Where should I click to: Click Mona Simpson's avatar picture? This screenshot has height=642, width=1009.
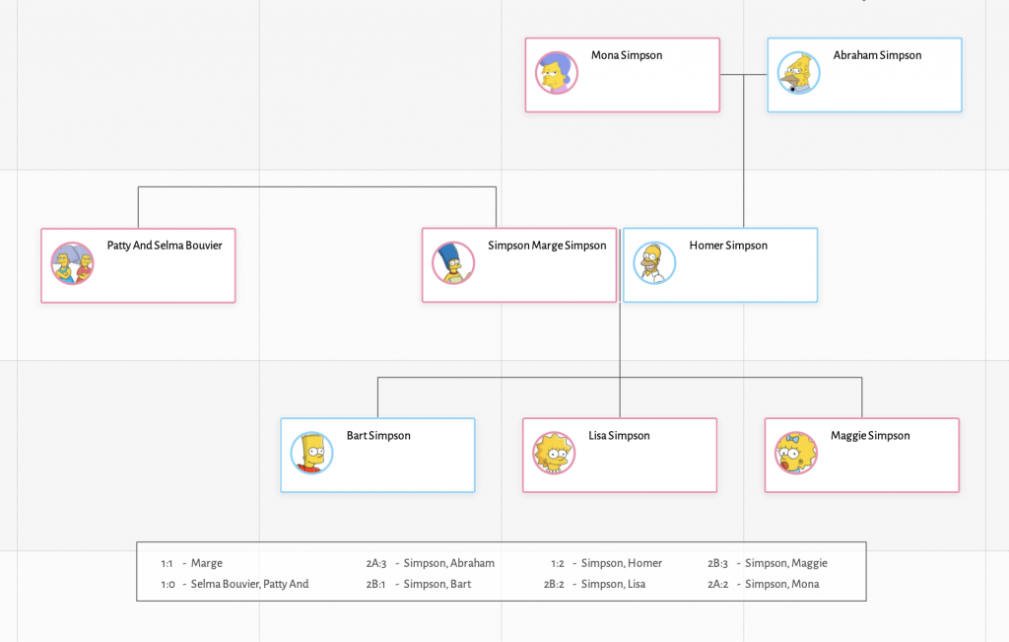pos(557,73)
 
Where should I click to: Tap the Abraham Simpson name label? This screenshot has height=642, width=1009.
pos(877,56)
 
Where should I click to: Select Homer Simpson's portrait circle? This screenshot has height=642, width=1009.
pos(654,263)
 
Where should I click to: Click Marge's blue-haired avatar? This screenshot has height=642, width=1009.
pos(453,263)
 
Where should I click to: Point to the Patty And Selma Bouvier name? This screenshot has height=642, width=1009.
pos(165,246)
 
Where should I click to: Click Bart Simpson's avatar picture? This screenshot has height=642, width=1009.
pos(311,454)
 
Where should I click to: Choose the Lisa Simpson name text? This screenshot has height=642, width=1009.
pos(619,436)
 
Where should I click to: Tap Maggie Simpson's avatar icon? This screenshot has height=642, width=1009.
pos(795,454)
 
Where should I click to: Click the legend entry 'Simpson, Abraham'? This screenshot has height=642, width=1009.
pos(448,563)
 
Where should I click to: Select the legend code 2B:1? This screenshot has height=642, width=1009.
pos(375,584)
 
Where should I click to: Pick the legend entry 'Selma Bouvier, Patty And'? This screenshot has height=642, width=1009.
pos(249,584)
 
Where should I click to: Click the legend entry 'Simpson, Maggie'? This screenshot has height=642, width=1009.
pos(785,563)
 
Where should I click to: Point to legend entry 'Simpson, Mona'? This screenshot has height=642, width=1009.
pos(781,584)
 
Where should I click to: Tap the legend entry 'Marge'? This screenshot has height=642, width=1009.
pos(207,563)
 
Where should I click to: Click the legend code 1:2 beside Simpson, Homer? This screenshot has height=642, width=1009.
pos(558,563)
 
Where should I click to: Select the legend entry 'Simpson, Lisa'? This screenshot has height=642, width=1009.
pos(613,584)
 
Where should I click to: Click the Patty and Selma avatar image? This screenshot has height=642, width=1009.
pos(72,263)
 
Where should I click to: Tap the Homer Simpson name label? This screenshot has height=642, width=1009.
pos(728,246)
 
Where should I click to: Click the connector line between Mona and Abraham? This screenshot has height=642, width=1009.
pos(744,75)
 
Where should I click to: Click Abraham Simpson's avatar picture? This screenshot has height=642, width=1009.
pos(798,73)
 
